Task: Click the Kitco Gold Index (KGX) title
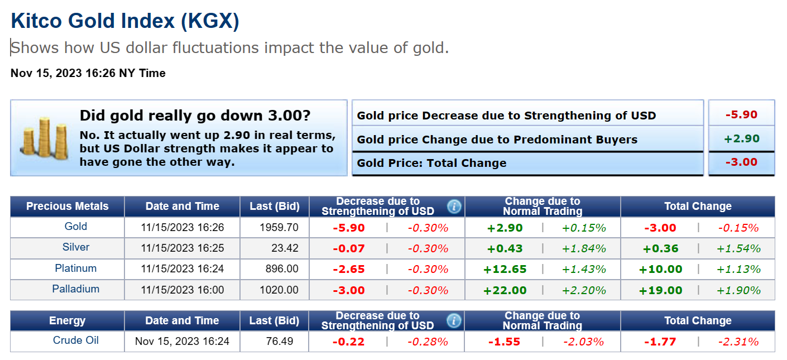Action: point(125,21)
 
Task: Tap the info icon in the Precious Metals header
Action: point(454,207)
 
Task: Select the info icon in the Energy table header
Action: point(454,321)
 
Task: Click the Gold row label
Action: point(76,227)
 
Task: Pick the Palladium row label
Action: point(76,289)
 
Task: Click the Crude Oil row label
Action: point(76,340)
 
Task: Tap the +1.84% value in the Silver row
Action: point(584,248)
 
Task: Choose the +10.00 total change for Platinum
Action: point(661,269)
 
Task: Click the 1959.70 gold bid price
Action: point(279,228)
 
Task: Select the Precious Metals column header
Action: point(68,207)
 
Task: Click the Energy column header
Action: point(68,321)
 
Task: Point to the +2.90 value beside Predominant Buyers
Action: point(741,139)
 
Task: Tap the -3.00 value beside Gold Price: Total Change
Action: point(741,162)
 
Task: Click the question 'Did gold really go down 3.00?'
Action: point(195,116)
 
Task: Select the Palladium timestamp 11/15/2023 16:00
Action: point(183,290)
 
